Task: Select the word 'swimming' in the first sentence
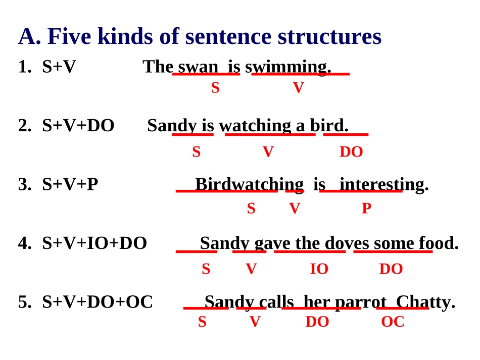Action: click(x=287, y=67)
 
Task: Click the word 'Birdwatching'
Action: click(x=249, y=184)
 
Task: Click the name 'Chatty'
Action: click(x=424, y=302)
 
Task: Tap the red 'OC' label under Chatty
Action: click(x=393, y=322)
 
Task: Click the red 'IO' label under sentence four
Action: click(x=319, y=269)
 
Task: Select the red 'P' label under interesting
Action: click(x=366, y=209)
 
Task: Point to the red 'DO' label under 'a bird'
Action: click(x=351, y=151)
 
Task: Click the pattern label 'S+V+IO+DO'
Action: click(x=94, y=243)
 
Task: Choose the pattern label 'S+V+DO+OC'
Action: click(x=98, y=302)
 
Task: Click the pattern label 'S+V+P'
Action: click(x=70, y=184)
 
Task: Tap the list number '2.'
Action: click(x=25, y=125)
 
